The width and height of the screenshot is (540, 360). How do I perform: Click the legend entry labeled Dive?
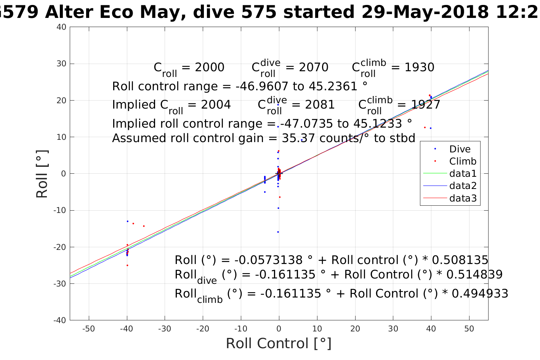460,149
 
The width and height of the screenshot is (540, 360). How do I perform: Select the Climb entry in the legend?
463,161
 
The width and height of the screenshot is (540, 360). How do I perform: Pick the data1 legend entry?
463,174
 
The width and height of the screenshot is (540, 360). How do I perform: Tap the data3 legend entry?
463,198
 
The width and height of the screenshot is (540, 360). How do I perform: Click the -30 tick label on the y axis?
60,284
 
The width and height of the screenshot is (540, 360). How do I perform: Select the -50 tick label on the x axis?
88,329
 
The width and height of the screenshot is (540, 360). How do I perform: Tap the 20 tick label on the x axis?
355,329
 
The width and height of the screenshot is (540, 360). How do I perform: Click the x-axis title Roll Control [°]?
279,344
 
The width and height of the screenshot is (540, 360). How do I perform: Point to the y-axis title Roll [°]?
42,174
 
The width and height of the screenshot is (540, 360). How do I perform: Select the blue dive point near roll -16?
278,232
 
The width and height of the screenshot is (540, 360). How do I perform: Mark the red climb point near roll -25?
127,265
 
